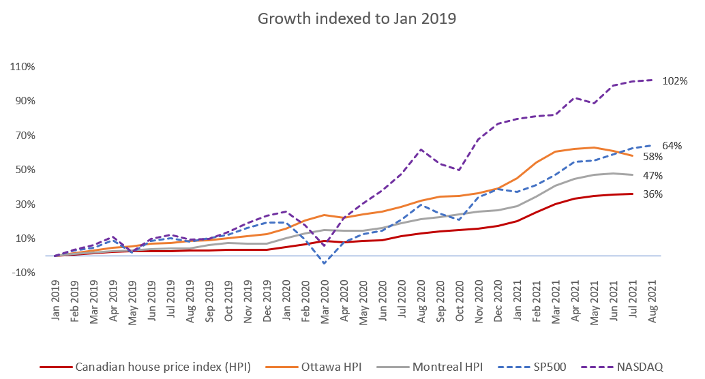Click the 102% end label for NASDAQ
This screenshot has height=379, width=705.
(x=675, y=81)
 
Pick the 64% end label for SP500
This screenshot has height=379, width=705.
(x=672, y=145)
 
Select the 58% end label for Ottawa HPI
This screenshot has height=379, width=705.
(x=672, y=157)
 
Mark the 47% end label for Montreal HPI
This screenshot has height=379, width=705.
(x=672, y=175)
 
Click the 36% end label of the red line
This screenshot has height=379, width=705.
(x=672, y=194)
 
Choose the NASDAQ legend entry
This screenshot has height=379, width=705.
(x=618, y=367)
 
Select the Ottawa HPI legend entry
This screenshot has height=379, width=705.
(x=332, y=367)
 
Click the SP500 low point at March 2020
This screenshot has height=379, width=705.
(x=325, y=263)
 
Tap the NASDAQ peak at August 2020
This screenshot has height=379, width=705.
(x=421, y=149)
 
